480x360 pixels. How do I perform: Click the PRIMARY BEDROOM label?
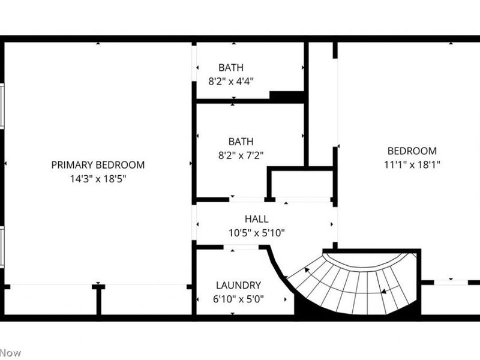coord(98,165)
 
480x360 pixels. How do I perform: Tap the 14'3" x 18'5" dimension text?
coord(98,178)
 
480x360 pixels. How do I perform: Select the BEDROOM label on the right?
coord(412,151)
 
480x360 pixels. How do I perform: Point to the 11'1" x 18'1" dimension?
coord(412,164)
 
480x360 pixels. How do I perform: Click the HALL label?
coord(256,220)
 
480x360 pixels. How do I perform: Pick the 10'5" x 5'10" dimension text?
coord(256,233)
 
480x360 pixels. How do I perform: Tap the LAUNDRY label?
coord(238,286)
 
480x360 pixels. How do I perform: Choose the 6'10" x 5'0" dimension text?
coord(238,299)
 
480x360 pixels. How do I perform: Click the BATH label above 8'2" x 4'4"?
coord(231,68)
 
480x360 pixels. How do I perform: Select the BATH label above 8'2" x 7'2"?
coord(241,142)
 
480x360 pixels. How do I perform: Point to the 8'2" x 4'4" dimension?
coord(231,81)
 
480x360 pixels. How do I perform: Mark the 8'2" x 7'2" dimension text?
coord(241,155)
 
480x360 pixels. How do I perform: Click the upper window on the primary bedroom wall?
coord(2,106)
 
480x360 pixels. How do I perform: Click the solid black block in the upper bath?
coord(286,96)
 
